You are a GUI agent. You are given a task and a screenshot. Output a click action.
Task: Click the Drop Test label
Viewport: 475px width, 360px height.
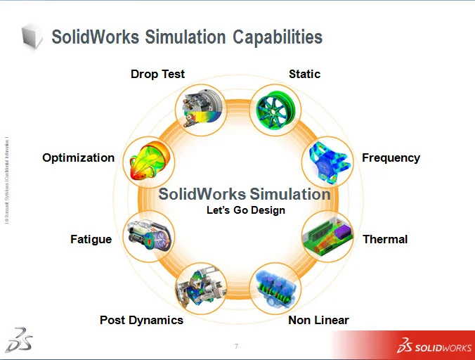coord(157,74)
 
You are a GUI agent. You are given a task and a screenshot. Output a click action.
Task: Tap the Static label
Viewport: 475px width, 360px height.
coord(304,74)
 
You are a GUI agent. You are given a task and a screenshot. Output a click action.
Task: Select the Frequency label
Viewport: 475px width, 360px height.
coord(391,157)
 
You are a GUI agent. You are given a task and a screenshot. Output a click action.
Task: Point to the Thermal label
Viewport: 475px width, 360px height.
coord(385,239)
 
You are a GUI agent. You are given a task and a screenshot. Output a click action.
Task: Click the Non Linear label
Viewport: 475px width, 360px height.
coord(318,320)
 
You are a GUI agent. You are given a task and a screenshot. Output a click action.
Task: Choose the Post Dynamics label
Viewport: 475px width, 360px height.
coord(141,320)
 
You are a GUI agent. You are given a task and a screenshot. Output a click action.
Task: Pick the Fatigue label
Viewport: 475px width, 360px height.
coord(91,239)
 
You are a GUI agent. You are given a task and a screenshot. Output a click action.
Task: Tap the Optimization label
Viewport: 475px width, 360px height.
coord(78,157)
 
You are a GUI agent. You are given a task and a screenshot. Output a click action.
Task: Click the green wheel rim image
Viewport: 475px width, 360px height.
coord(275,110)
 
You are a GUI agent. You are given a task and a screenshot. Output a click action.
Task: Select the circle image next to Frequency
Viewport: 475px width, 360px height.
coord(327,161)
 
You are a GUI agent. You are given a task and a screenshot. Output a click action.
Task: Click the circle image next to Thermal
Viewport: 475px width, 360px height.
coord(327,236)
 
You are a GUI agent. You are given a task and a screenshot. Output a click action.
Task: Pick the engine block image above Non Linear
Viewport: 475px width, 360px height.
coord(275,288)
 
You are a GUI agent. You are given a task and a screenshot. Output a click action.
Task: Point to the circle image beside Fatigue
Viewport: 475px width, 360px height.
coord(149,236)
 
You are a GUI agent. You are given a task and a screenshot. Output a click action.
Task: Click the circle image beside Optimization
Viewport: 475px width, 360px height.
coord(149,161)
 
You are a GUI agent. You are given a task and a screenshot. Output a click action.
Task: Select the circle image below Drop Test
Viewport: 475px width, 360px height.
coord(200,110)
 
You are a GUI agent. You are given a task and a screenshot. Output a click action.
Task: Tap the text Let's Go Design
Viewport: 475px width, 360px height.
coord(245,210)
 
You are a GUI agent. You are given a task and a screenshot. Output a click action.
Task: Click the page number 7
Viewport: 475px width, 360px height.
coord(236,346)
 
